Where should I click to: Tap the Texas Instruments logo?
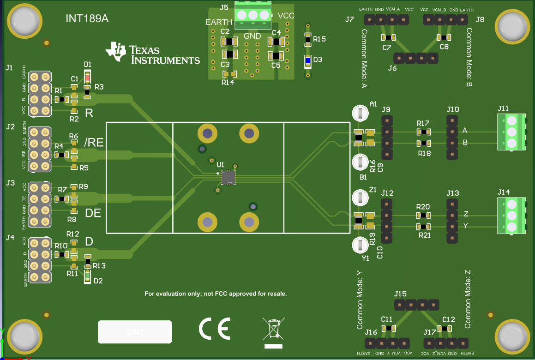tap(153, 53)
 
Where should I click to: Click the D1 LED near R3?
tap(87, 75)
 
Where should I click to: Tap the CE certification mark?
tap(214, 329)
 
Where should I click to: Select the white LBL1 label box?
tap(135, 331)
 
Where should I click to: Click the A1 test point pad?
tap(360, 113)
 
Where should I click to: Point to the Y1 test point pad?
tap(360, 245)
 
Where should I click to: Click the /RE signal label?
tap(94, 144)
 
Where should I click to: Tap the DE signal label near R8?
tap(94, 213)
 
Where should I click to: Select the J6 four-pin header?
tap(415, 58)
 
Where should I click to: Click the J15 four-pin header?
tap(416, 305)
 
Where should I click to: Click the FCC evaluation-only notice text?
tap(216, 294)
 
